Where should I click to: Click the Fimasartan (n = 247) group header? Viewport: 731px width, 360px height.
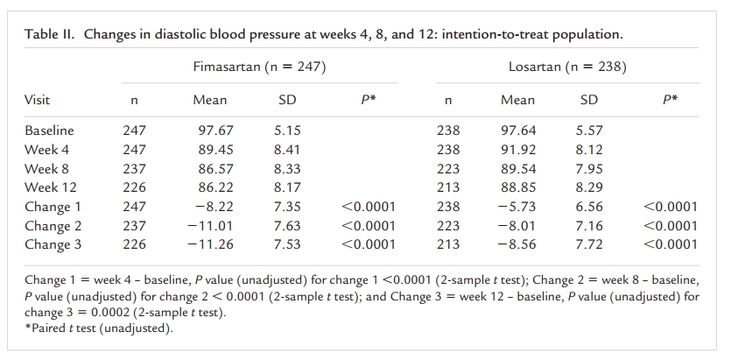point(259,67)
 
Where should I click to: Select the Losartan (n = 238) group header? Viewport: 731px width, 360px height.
point(567,67)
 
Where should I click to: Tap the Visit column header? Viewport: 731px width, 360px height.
point(38,100)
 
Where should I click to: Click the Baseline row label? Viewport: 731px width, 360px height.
point(49,131)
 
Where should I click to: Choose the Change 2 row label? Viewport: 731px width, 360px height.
point(53,226)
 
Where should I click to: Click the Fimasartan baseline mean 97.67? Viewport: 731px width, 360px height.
point(216,131)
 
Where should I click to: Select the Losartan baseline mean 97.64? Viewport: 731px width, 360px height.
point(518,131)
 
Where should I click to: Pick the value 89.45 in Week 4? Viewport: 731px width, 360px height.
point(216,149)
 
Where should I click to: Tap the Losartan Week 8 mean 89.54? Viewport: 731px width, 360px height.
point(518,168)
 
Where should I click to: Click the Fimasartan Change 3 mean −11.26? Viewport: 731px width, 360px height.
point(210,244)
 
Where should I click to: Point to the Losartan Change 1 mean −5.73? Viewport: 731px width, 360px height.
point(517,207)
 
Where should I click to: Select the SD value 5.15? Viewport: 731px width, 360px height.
point(287,131)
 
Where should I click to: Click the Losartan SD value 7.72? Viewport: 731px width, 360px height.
point(589,244)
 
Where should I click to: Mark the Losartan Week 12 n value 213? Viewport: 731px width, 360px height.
point(448,187)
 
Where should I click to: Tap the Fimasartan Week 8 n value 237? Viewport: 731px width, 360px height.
point(134,168)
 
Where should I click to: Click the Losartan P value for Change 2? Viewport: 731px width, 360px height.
point(671,226)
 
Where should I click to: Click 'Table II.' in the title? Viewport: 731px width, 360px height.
point(49,34)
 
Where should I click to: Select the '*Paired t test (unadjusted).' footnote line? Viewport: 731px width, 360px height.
point(99,328)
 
